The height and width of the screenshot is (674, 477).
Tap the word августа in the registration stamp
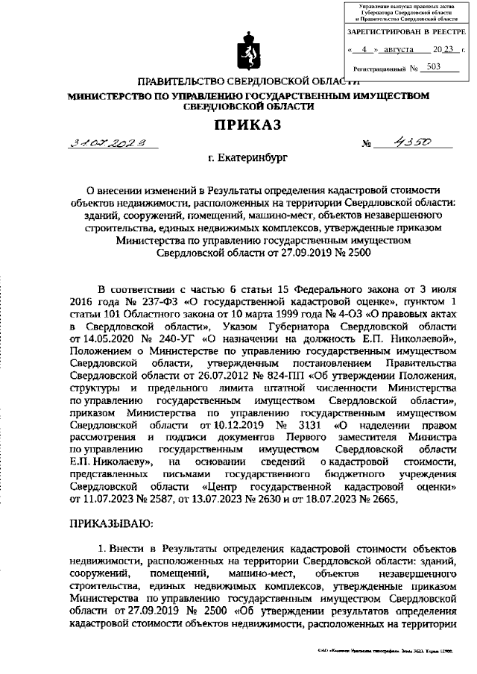tap(395, 51)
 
